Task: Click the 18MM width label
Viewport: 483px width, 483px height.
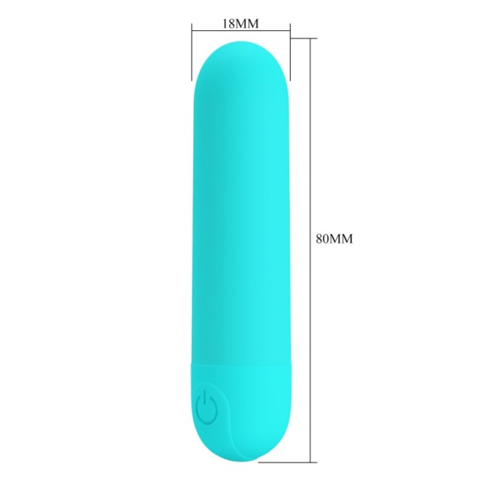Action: [241, 23]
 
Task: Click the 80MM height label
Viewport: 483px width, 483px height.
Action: [334, 238]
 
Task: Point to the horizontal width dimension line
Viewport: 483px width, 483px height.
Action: [241, 31]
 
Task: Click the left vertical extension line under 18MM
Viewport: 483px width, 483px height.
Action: [192, 52]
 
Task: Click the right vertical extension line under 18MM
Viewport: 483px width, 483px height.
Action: [290, 52]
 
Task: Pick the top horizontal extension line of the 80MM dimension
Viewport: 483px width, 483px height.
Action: [304, 38]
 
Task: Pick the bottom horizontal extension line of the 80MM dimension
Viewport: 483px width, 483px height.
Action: [287, 462]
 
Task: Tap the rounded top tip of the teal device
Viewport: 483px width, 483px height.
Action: [241, 42]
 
